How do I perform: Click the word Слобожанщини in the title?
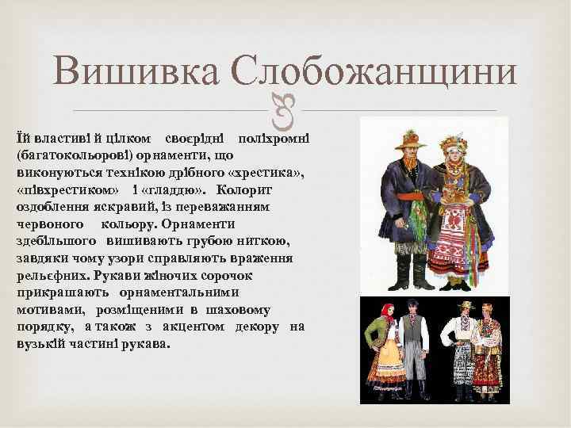click(x=376, y=73)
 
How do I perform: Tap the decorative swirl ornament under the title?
click(x=284, y=111)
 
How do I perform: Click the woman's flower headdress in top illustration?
click(x=458, y=138)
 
